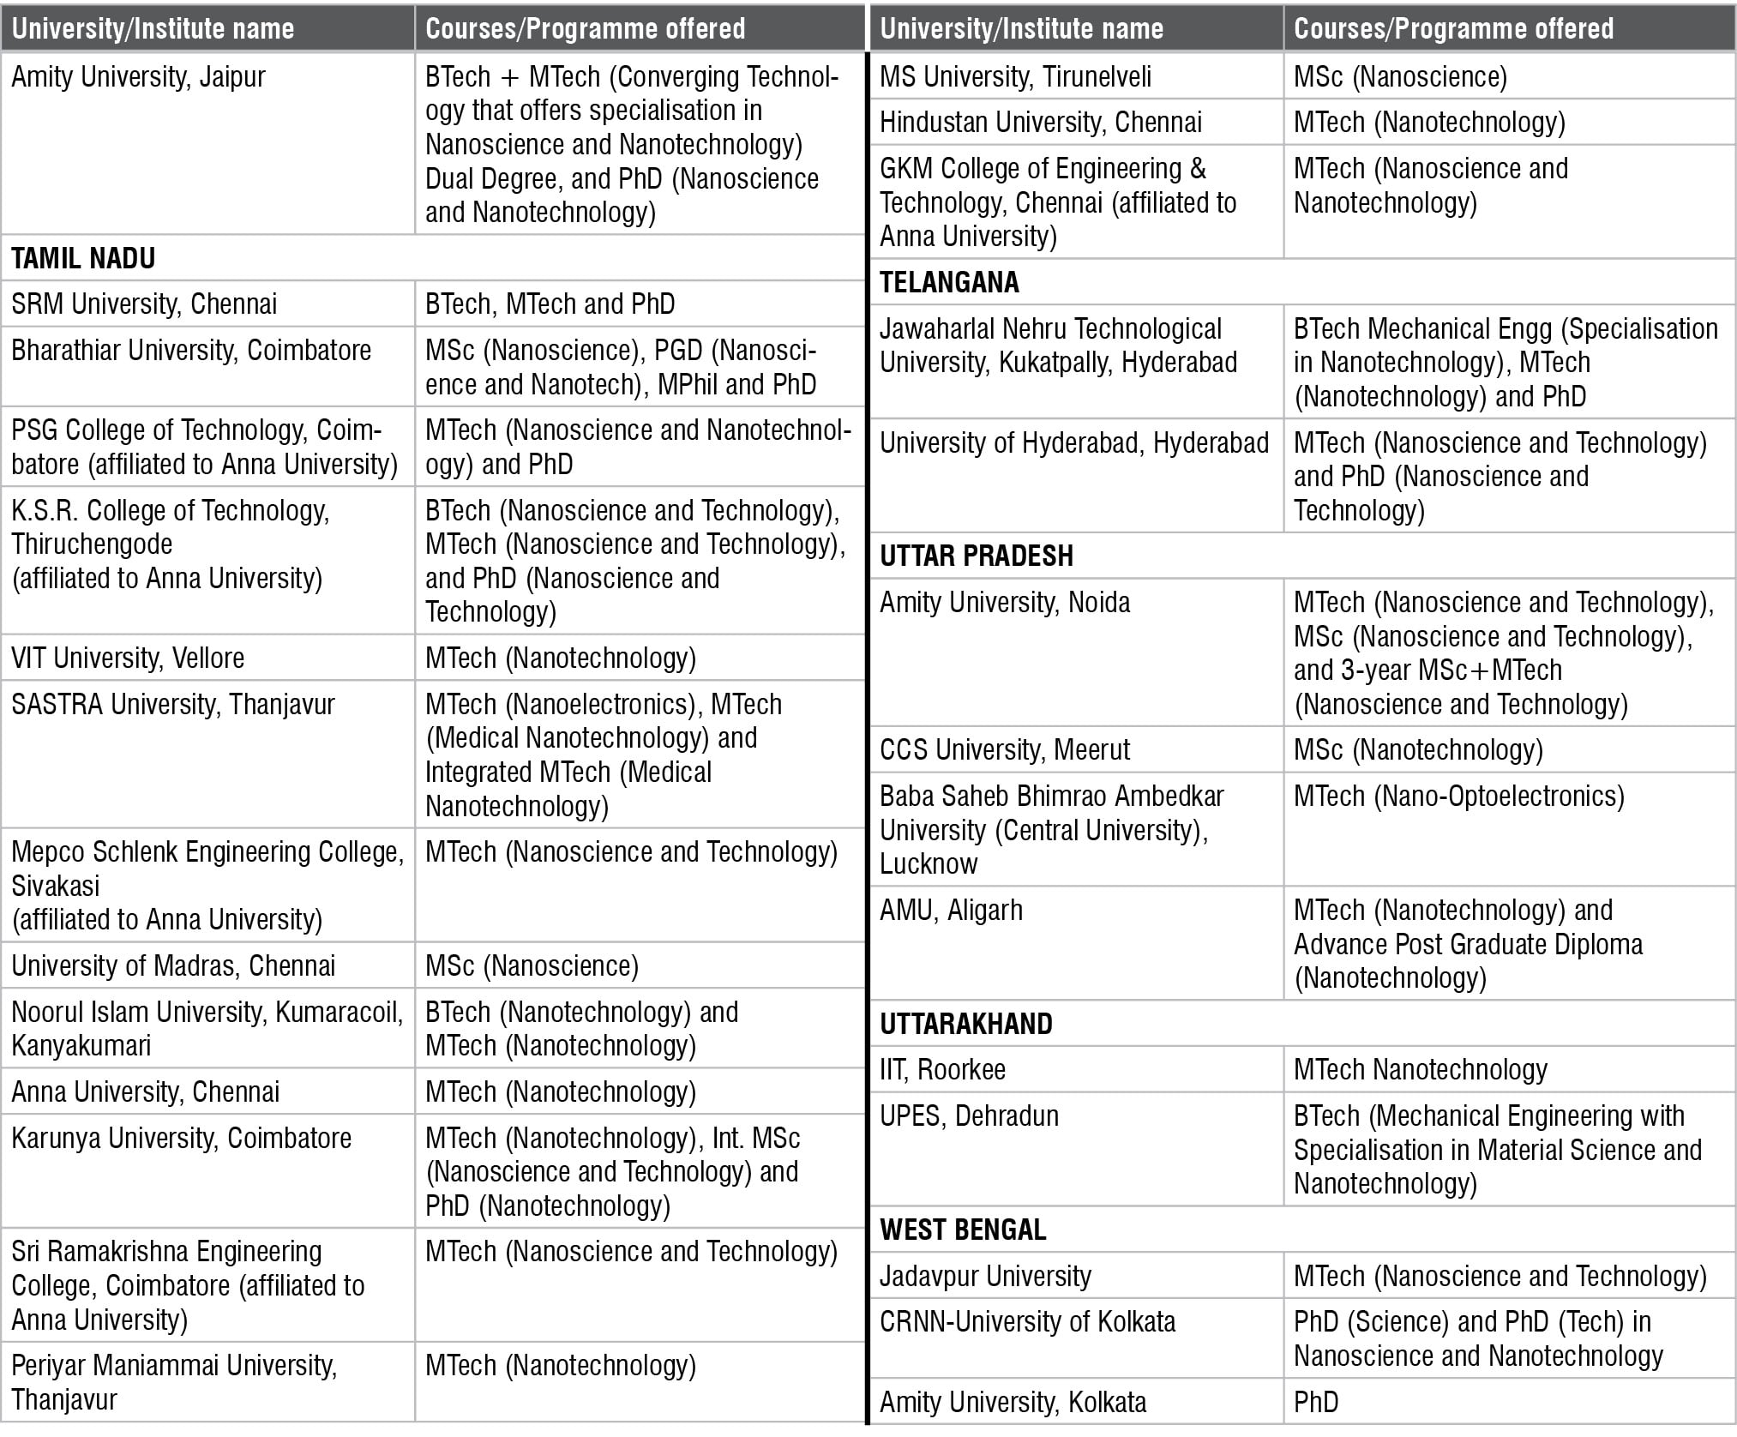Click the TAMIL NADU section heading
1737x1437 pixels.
83,258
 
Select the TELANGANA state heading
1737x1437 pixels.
949,282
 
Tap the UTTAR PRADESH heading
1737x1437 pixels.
976,556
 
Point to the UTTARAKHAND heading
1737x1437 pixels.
966,1024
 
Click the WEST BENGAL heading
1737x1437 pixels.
963,1230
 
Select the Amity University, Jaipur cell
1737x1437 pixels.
138,77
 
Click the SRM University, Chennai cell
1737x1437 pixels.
144,304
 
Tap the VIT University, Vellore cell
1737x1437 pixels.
128,658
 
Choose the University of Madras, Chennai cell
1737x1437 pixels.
173,965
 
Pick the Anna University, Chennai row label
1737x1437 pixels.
146,1091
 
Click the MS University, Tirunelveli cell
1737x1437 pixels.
1015,77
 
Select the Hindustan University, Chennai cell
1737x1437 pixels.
1041,123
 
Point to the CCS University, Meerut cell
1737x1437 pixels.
1005,750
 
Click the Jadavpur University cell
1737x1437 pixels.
985,1276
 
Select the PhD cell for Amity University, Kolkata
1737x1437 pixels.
1316,1402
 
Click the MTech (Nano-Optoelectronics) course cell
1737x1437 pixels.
1458,797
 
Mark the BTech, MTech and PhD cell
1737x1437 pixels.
550,304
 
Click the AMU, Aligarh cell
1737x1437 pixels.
951,911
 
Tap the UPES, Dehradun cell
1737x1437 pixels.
969,1116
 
